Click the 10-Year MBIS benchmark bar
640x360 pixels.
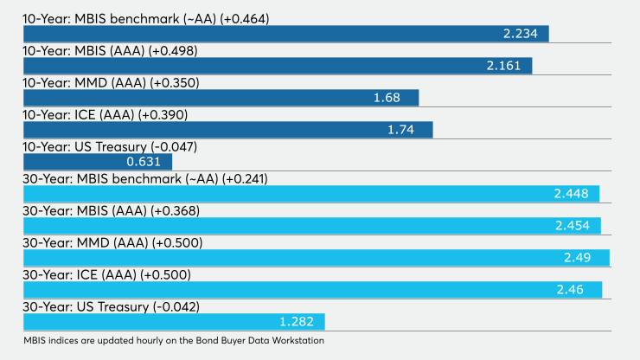coord(285,34)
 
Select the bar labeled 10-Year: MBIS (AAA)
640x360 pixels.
coord(277,66)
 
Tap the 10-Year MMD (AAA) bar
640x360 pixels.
coord(221,98)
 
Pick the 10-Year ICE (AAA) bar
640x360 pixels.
coord(227,130)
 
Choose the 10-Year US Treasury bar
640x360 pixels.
coord(97,162)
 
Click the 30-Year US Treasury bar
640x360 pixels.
coord(173,322)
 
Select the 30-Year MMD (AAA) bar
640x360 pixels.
coord(316,258)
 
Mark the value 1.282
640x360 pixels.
coord(296,322)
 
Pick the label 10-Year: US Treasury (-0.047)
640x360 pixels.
coord(111,147)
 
